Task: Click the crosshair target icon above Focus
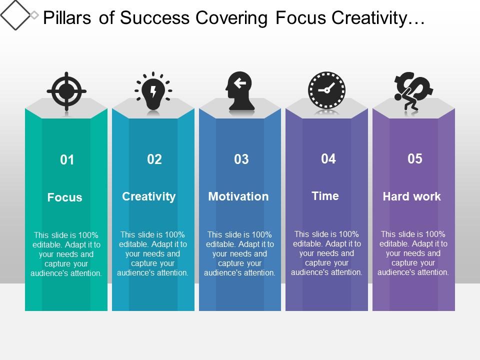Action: [x=66, y=91]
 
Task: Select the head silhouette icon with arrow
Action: [x=240, y=91]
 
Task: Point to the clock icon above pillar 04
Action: [x=326, y=90]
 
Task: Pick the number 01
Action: [x=67, y=160]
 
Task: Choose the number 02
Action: [x=154, y=159]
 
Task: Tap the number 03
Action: [x=241, y=159]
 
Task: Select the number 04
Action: [x=328, y=159]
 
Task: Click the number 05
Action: [x=415, y=159]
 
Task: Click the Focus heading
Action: [x=65, y=197]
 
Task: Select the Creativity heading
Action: [x=149, y=196]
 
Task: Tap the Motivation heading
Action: [x=238, y=196]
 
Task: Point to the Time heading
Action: [x=325, y=196]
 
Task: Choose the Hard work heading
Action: [x=412, y=196]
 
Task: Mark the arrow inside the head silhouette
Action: [x=240, y=83]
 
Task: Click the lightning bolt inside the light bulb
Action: [x=153, y=92]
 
